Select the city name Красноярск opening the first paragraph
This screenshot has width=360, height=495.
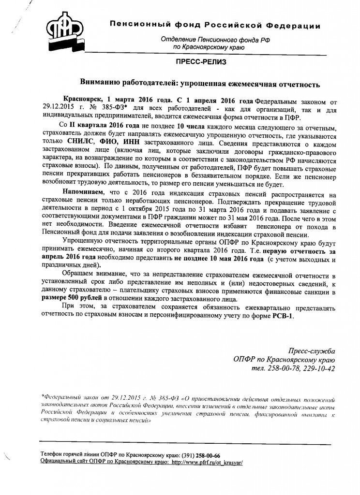[84, 100]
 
